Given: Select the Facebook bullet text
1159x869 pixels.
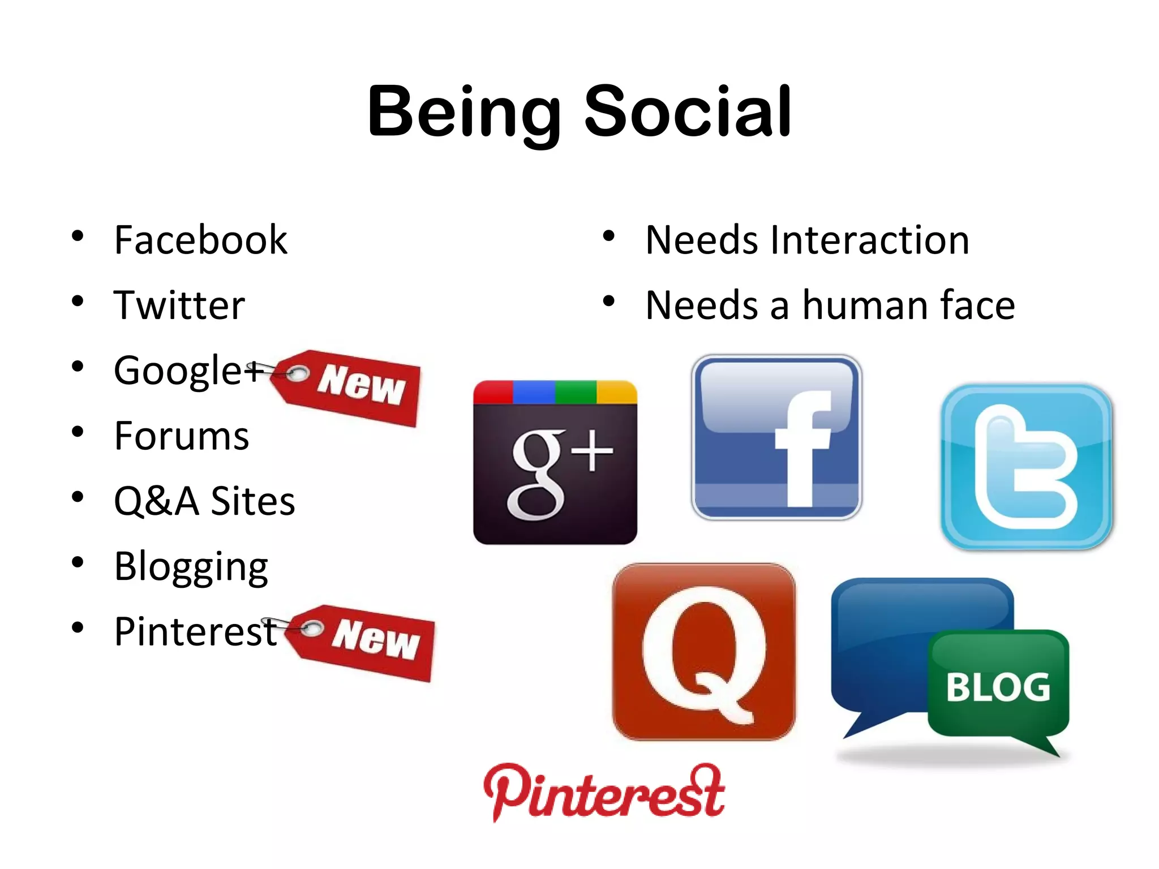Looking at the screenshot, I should [200, 240].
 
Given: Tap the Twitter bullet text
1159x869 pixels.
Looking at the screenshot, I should [179, 306].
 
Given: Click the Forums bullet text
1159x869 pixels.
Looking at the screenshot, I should [181, 436].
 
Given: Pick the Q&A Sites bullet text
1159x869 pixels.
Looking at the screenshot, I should [204, 501].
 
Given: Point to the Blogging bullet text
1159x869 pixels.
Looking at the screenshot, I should [191, 567].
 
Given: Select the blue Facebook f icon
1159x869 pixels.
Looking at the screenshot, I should [776, 437].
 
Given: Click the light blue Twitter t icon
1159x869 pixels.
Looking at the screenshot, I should [1027, 466].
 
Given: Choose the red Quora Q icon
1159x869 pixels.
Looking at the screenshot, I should [703, 652].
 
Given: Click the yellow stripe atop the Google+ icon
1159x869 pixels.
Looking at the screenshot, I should [617, 392].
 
